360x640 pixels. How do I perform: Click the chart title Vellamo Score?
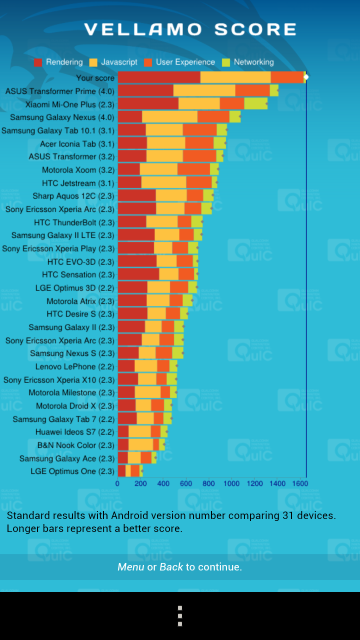coord(190,29)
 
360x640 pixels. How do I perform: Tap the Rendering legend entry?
coord(58,62)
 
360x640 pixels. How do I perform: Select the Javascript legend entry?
coord(113,62)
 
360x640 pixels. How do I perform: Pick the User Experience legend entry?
coord(179,62)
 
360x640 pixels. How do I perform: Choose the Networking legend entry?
coord(248,62)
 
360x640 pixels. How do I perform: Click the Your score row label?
coord(95,77)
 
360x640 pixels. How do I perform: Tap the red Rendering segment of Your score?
coord(159,77)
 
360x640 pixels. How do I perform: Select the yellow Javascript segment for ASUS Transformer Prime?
coord(204,90)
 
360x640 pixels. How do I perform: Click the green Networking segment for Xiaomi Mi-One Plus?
coord(255,103)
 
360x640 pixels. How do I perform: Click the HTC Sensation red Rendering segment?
coord(138,274)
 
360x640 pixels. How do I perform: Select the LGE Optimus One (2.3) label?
coord(72,471)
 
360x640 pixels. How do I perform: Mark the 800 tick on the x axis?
coord(208,483)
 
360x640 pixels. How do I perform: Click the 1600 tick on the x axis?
coord(300,483)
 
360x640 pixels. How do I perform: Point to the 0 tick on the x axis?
coord(117,483)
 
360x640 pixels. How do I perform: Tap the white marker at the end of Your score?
coord(306,77)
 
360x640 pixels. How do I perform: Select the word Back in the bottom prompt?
coord(171,567)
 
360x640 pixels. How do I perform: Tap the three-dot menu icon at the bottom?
coord(180,616)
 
